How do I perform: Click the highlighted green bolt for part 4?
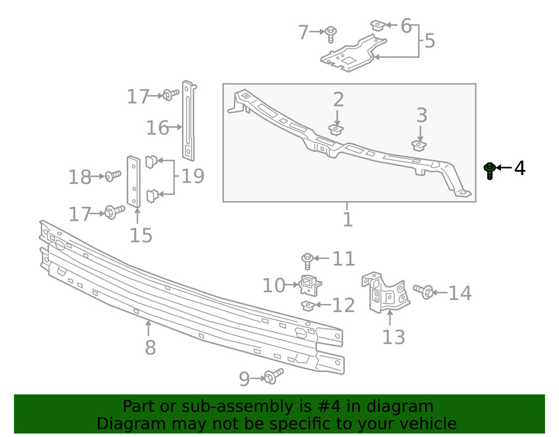click(490, 170)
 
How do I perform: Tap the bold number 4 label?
click(519, 168)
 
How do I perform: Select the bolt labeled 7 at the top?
click(330, 34)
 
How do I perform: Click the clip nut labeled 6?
click(377, 26)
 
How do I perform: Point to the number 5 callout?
click(429, 41)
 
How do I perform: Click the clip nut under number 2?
click(336, 130)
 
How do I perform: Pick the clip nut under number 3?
click(419, 145)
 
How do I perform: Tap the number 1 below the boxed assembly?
click(348, 219)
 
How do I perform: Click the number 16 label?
click(157, 128)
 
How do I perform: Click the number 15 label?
click(141, 236)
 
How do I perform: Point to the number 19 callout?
click(192, 176)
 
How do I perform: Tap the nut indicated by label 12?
click(307, 306)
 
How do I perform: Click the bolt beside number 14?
click(424, 291)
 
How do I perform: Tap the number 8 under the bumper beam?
click(150, 348)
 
